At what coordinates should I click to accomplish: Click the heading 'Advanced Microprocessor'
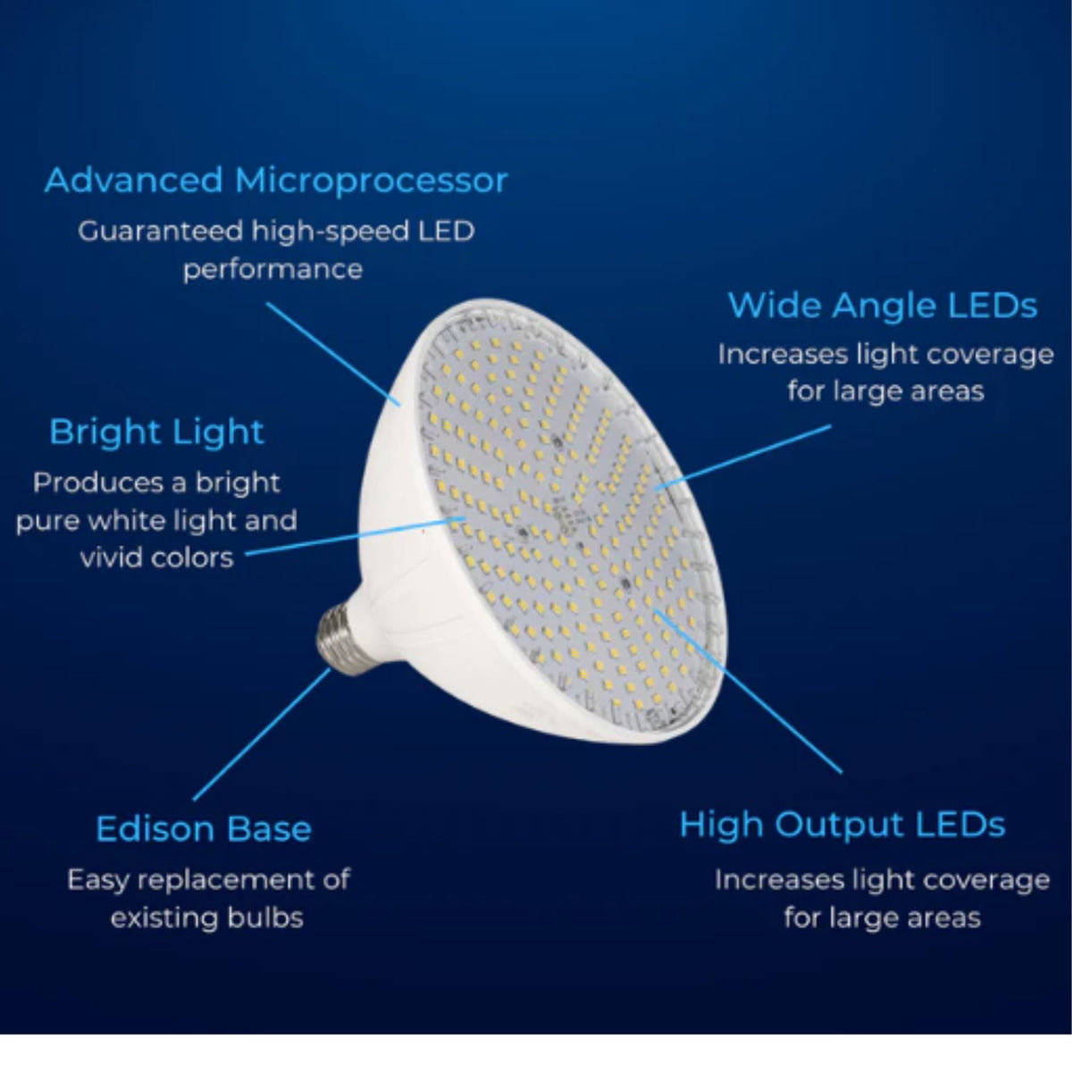(x=276, y=181)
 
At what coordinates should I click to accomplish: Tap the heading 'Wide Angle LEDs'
(x=883, y=306)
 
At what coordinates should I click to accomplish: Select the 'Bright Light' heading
(x=157, y=433)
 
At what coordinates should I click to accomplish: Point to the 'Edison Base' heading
(x=204, y=829)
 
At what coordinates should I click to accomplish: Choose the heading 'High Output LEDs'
(x=842, y=825)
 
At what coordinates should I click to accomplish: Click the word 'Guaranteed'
(x=160, y=231)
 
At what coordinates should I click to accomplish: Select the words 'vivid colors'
(x=157, y=557)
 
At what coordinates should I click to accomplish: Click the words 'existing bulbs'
(x=207, y=918)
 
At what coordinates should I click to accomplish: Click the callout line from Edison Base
(x=262, y=734)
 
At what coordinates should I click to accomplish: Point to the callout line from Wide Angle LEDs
(x=743, y=458)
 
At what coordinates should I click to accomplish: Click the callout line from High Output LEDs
(x=749, y=691)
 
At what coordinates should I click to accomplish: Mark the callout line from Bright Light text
(x=356, y=536)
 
